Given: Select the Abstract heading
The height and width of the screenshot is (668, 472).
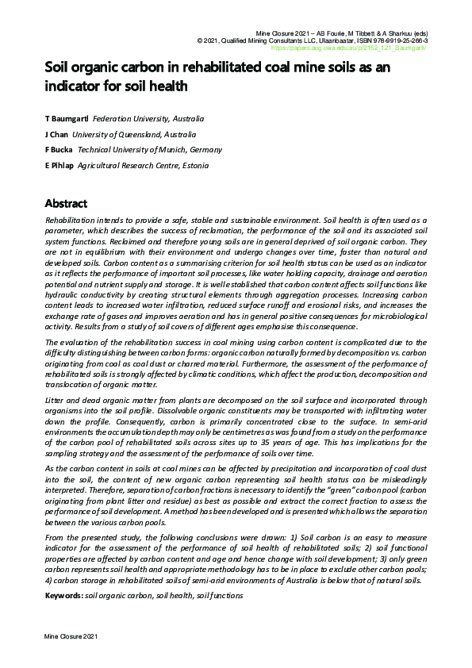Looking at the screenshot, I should [x=66, y=203].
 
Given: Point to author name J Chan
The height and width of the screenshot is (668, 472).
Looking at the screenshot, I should [x=58, y=134].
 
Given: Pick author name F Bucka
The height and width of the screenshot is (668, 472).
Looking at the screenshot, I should [x=59, y=149].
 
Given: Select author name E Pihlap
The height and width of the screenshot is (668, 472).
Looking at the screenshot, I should [x=59, y=164].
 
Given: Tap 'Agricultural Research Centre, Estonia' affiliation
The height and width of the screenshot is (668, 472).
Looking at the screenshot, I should [x=143, y=164].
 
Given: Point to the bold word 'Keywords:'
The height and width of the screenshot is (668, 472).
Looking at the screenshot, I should [x=63, y=594].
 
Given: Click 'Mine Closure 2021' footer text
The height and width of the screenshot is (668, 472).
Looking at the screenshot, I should [x=71, y=637].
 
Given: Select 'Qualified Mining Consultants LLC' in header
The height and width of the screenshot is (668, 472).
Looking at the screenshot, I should [x=267, y=40].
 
